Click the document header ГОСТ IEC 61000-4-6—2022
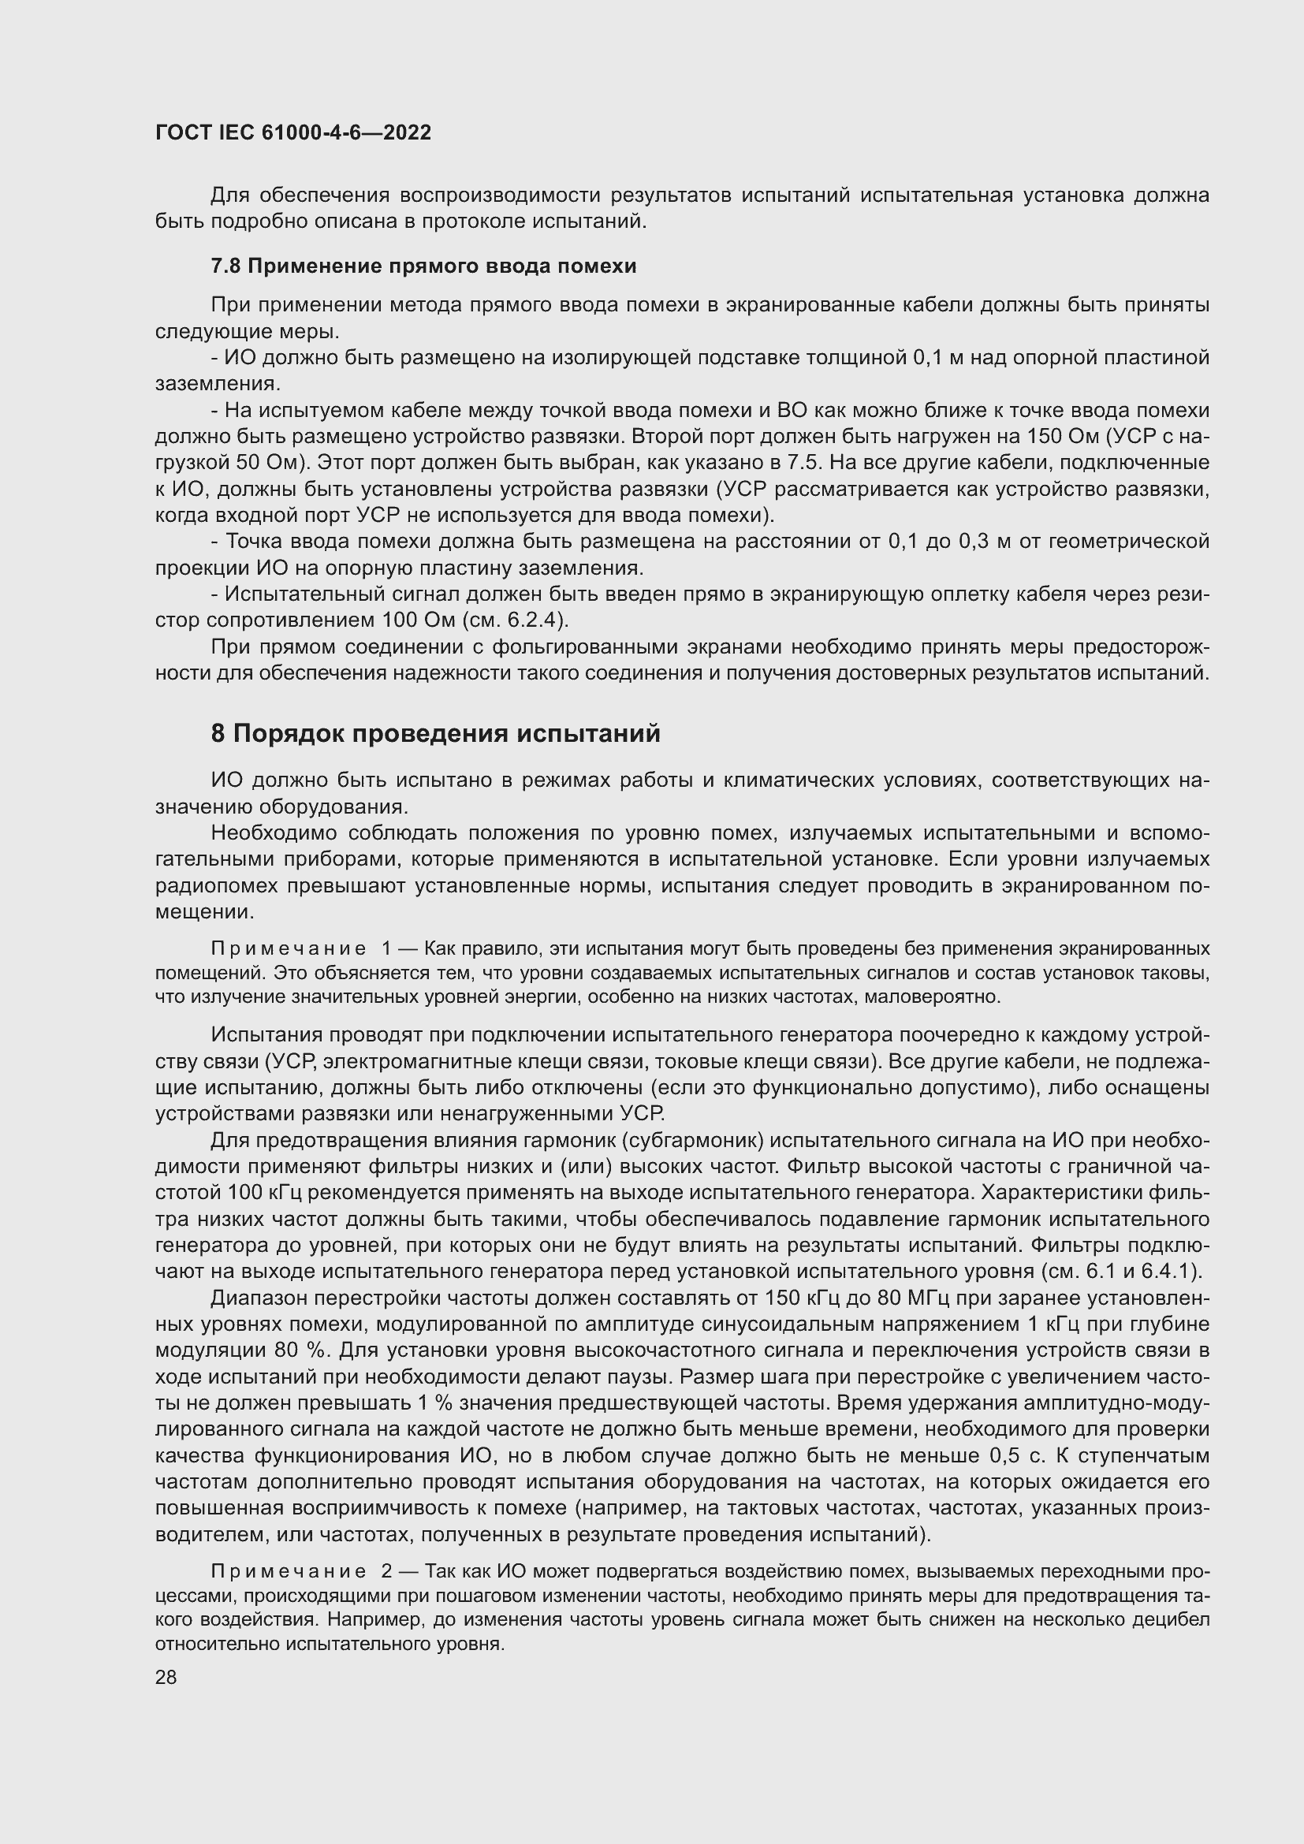(293, 132)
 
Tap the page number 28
(166, 1677)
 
